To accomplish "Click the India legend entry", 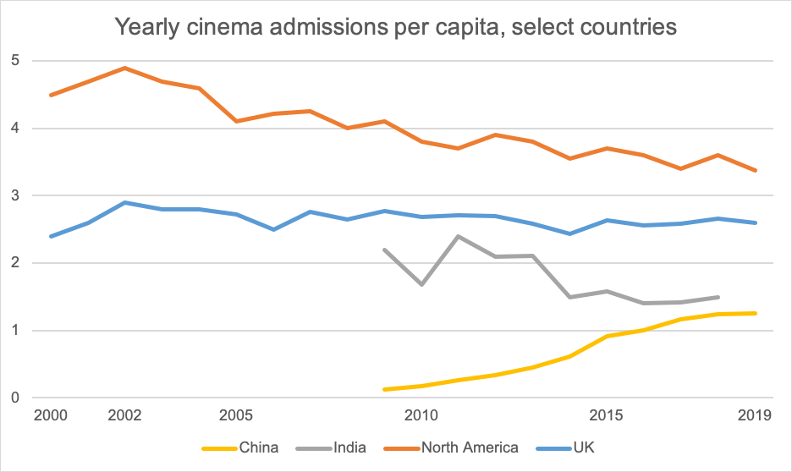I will pyautogui.click(x=349, y=447).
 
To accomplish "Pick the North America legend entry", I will pyautogui.click(x=469, y=447).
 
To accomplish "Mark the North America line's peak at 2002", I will pyautogui.click(x=125, y=68).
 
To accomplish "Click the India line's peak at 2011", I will pyautogui.click(x=458, y=236).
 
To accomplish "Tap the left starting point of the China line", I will pyautogui.click(x=384, y=389).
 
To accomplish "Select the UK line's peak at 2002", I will pyautogui.click(x=125, y=203).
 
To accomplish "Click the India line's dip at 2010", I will pyautogui.click(x=421, y=284).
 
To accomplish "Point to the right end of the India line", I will pyautogui.click(x=718, y=297).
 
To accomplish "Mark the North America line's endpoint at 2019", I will pyautogui.click(x=755, y=170).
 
